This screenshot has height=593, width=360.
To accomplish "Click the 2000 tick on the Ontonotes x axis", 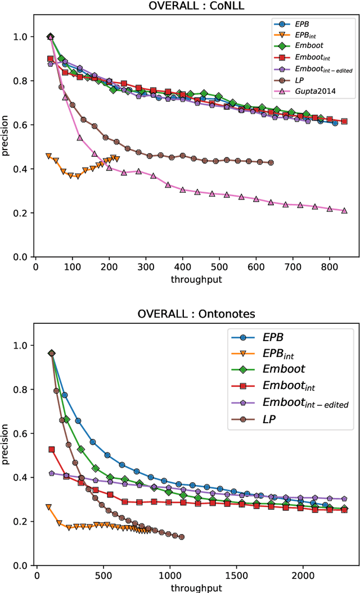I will (x=301, y=574).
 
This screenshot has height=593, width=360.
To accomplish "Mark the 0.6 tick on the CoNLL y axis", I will (x=24, y=125).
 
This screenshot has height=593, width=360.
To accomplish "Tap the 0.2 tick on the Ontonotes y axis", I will (x=24, y=522).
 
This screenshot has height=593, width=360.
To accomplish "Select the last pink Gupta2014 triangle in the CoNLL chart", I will (x=344, y=211).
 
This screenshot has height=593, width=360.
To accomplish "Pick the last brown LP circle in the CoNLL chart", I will (x=271, y=162).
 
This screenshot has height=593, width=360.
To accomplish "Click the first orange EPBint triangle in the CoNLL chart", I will (x=48, y=156).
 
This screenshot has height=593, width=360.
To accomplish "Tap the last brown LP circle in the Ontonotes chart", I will (x=181, y=537).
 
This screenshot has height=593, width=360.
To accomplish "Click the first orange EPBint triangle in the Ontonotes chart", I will (x=48, y=507).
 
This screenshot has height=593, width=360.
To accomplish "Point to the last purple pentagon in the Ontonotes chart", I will (x=344, y=499).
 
